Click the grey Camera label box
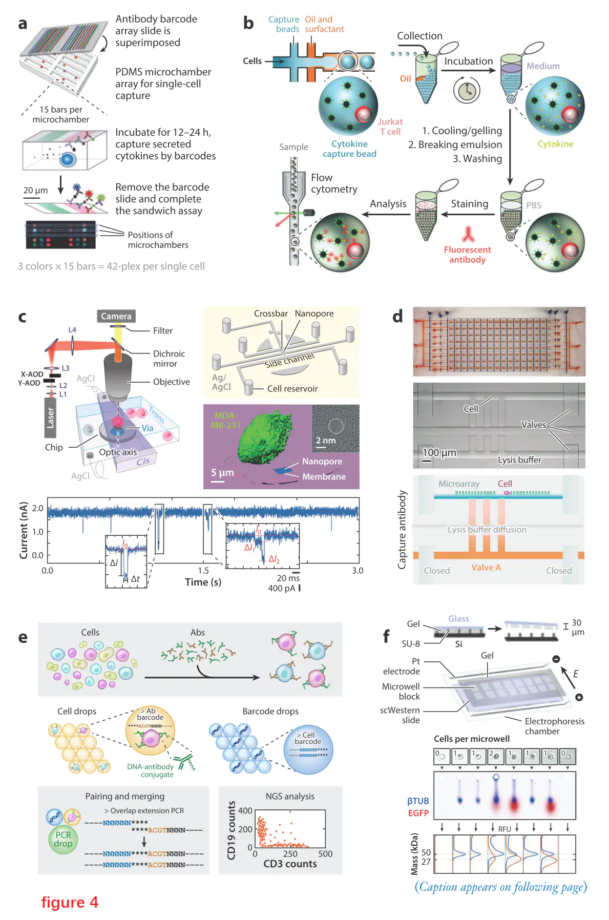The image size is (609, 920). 116,316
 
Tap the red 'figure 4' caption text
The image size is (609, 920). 70,902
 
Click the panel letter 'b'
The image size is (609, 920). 248,24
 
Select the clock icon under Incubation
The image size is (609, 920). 466,91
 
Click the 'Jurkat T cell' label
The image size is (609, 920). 390,127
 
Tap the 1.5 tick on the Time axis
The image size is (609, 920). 203,570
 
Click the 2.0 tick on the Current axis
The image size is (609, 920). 38,508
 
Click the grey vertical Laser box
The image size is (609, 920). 50,418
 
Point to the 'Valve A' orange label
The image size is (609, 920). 486,568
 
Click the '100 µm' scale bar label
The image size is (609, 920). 439,453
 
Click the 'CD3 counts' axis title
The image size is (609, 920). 290,864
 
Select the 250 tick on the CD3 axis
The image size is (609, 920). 290,854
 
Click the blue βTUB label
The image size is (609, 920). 418,801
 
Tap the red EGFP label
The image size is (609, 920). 418,813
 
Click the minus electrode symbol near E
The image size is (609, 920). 556,659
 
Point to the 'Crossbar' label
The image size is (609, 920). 270,313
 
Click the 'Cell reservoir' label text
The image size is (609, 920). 292,389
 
